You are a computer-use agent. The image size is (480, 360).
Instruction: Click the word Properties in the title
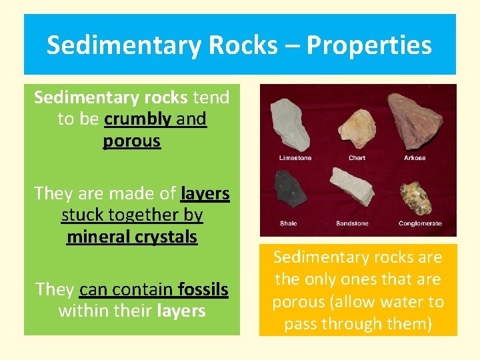(x=368, y=45)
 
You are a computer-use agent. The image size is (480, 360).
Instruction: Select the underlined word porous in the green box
(x=132, y=141)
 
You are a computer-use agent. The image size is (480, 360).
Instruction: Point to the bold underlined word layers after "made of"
(x=205, y=194)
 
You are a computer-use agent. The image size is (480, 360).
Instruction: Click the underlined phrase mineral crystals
(x=132, y=237)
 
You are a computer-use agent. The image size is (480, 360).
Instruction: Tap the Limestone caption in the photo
(x=295, y=158)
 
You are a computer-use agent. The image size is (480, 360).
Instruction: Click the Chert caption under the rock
(x=357, y=158)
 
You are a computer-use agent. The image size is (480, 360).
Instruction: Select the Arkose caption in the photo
(x=415, y=158)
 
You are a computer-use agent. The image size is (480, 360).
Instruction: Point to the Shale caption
(x=289, y=223)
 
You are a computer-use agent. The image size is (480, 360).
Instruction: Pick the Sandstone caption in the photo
(x=353, y=223)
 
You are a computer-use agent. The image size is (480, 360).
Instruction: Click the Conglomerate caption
(x=420, y=223)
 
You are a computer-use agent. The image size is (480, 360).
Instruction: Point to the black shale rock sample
(x=291, y=190)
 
